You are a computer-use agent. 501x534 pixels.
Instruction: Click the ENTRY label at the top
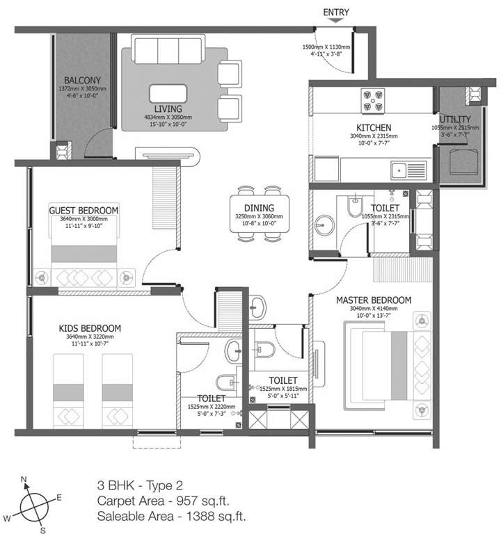336,12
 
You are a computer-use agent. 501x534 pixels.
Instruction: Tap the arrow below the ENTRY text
336,22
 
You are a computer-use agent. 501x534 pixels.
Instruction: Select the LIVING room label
168,109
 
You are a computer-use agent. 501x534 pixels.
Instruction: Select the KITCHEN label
374,128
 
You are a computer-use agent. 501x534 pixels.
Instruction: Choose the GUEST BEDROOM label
83,209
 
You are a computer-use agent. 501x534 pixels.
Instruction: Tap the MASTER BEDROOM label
374,300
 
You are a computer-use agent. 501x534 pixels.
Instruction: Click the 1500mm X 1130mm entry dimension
326,47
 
